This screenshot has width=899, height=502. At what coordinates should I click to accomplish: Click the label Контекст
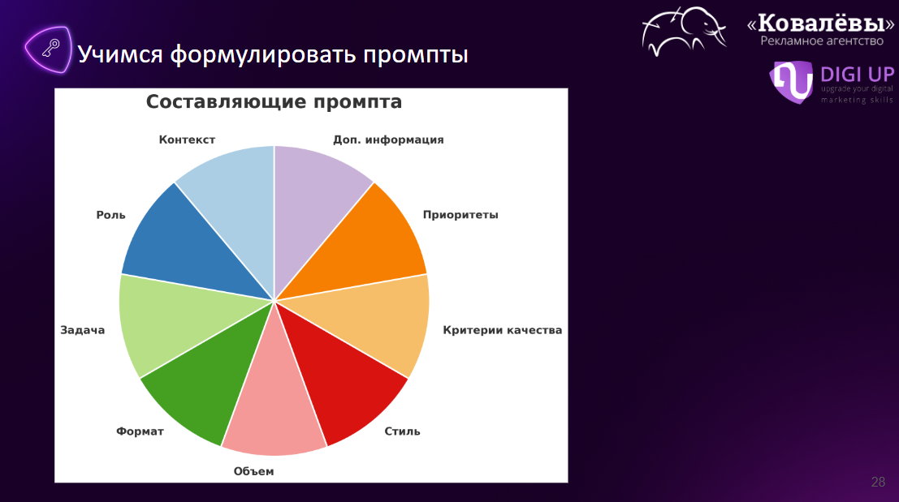coord(187,139)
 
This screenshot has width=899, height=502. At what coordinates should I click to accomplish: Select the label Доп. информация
coord(388,139)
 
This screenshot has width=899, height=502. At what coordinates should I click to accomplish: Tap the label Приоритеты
coord(460,215)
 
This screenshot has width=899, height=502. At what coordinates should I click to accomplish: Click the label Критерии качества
coord(502,330)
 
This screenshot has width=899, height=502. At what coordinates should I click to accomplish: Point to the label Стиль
coord(402,431)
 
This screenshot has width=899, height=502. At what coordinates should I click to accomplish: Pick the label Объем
coord(253,471)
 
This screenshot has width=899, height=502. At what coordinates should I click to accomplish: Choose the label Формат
coord(140,431)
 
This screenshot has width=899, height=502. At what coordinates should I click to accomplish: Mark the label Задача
coord(83,330)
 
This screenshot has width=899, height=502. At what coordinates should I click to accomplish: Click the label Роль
coord(110,215)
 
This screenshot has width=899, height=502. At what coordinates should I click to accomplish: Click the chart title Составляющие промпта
coord(274,102)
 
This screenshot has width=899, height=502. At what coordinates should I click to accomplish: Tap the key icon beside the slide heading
coord(50,49)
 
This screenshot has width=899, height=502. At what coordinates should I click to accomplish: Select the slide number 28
coord(878,482)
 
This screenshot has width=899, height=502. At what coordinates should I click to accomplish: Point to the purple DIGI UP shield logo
coord(792,81)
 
